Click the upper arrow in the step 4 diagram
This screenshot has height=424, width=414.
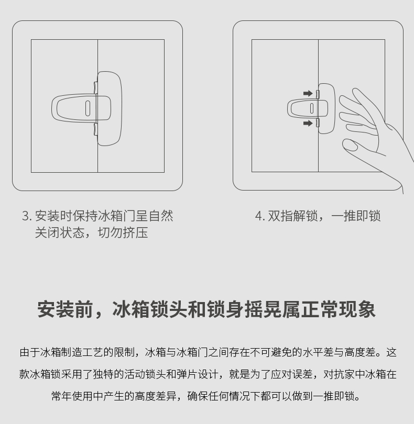tap(308, 94)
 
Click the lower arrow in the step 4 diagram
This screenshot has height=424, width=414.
tap(308, 124)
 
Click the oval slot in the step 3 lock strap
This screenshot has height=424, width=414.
tap(88, 108)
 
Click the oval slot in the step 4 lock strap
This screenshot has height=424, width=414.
tap(312, 108)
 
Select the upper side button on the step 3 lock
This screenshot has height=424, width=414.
tap(95, 87)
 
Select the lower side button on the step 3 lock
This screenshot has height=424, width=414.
tap(95, 129)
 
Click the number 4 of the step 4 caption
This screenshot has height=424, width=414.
tap(258, 216)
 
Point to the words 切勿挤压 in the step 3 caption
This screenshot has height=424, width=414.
tap(123, 232)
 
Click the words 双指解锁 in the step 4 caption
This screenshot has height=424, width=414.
tap(293, 216)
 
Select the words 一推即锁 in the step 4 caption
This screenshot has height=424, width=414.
tap(356, 216)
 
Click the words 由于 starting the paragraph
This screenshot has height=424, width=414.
tap(30, 352)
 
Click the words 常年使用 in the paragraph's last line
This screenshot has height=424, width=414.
tap(72, 396)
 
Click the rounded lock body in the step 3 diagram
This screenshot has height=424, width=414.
tap(110, 108)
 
